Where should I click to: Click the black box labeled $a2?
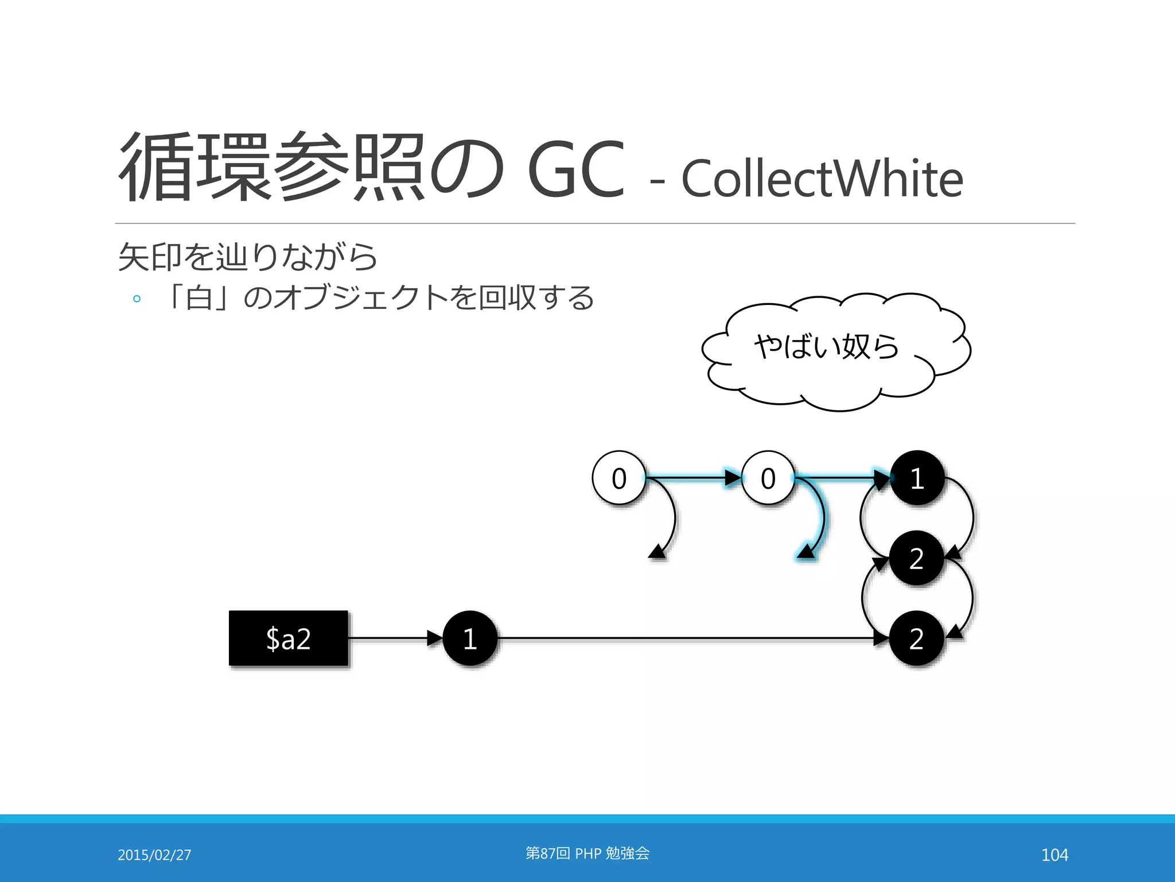click(288, 638)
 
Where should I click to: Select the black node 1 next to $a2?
click(470, 638)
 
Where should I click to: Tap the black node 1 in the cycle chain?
click(917, 478)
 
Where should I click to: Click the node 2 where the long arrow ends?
click(916, 638)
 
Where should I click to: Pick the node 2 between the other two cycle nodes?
click(916, 558)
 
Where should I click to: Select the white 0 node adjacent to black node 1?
click(768, 478)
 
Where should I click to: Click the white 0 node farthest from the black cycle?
click(619, 478)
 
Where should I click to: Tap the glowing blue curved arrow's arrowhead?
click(806, 552)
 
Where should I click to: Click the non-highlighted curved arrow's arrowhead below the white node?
click(657, 552)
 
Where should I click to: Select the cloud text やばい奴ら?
click(826, 346)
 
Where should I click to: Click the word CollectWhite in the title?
click(822, 179)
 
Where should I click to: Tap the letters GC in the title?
click(575, 171)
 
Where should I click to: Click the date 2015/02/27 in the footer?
click(154, 855)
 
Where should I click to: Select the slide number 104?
click(1055, 855)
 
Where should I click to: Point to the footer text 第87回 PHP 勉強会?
click(587, 853)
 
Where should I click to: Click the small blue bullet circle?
click(137, 299)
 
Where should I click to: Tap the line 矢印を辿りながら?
click(247, 257)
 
